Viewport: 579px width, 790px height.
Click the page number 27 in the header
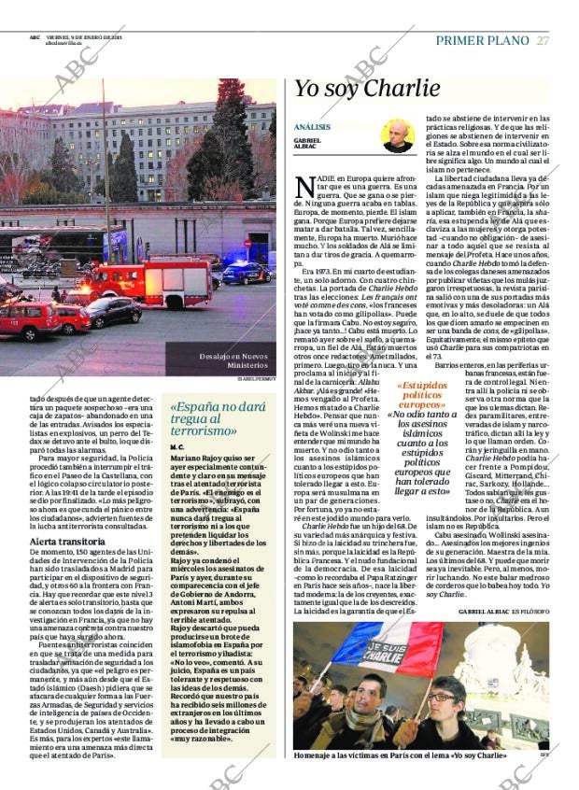[x=543, y=40]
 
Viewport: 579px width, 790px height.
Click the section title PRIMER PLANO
[x=482, y=40]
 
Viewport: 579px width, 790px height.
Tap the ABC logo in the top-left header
[x=35, y=38]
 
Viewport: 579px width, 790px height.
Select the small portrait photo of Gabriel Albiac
[x=398, y=135]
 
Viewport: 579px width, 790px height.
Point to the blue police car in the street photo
[x=245, y=274]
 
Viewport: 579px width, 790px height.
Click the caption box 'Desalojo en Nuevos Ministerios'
[x=233, y=360]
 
